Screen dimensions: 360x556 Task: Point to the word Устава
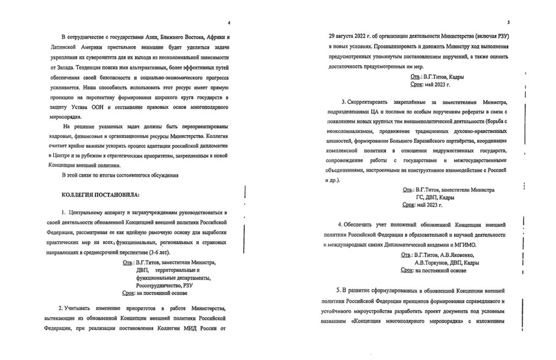point(76,109)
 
